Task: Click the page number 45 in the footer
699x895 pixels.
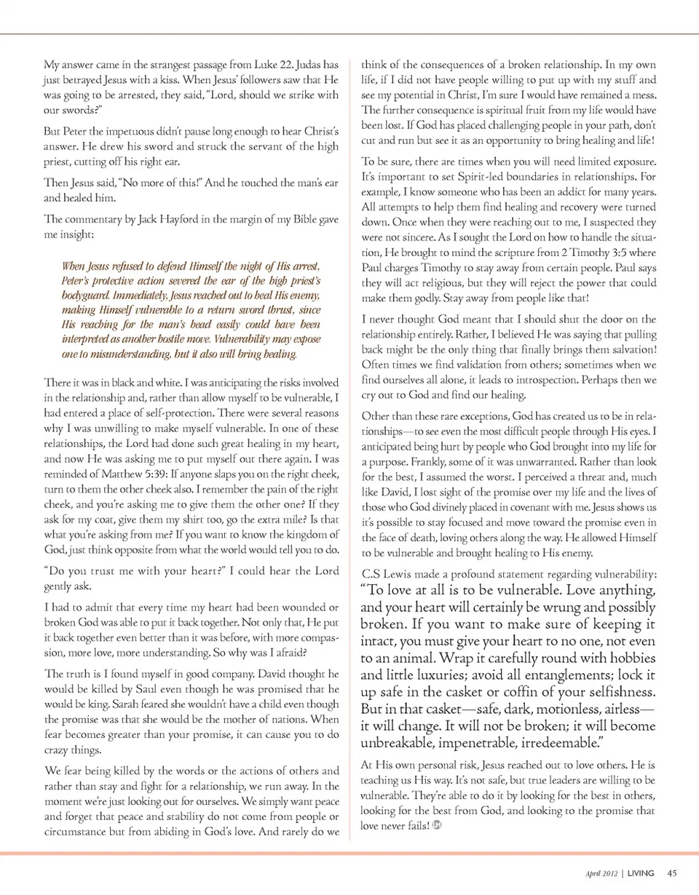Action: coord(672,873)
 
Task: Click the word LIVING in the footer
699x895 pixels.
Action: coord(641,873)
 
